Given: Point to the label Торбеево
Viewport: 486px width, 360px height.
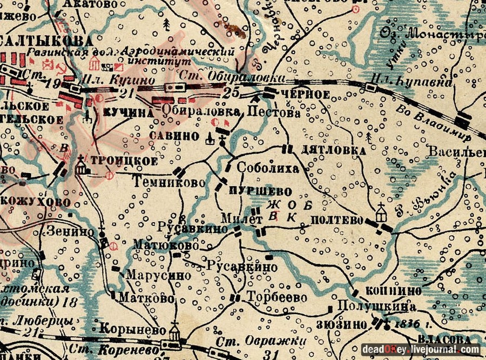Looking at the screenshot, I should tap(276, 297).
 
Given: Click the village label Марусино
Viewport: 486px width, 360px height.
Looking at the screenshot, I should tap(158, 275).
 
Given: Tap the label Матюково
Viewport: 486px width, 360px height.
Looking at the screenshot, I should tap(163, 245).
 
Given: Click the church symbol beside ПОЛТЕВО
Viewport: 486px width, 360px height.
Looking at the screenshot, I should tap(382, 211).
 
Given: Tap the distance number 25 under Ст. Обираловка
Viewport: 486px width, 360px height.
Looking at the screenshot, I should tap(231, 92).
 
